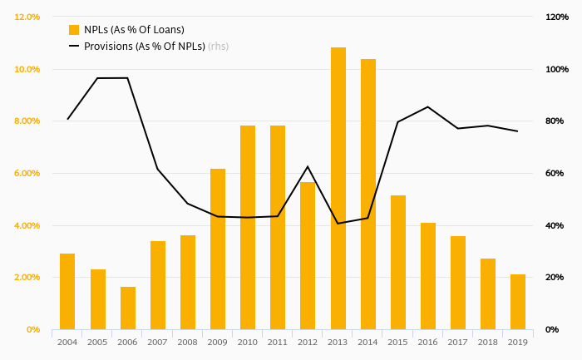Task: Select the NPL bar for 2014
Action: (x=368, y=195)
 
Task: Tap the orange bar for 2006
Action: (x=128, y=308)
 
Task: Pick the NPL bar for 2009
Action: (x=218, y=249)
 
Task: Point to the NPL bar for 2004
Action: (x=67, y=292)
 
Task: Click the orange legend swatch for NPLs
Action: (x=74, y=30)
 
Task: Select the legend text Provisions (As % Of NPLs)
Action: (x=145, y=47)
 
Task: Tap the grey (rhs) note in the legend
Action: (x=218, y=47)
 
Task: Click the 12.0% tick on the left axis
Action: (x=27, y=17)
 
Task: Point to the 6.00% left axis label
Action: (x=27, y=173)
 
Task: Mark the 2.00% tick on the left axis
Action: (x=27, y=278)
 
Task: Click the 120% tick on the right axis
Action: (x=556, y=17)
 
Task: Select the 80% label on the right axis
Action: (x=555, y=121)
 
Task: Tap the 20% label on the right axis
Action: (x=555, y=278)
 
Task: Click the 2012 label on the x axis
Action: (x=308, y=341)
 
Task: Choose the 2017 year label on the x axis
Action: (x=458, y=341)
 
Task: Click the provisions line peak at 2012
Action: (x=308, y=166)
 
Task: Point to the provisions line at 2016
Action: (x=428, y=106)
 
